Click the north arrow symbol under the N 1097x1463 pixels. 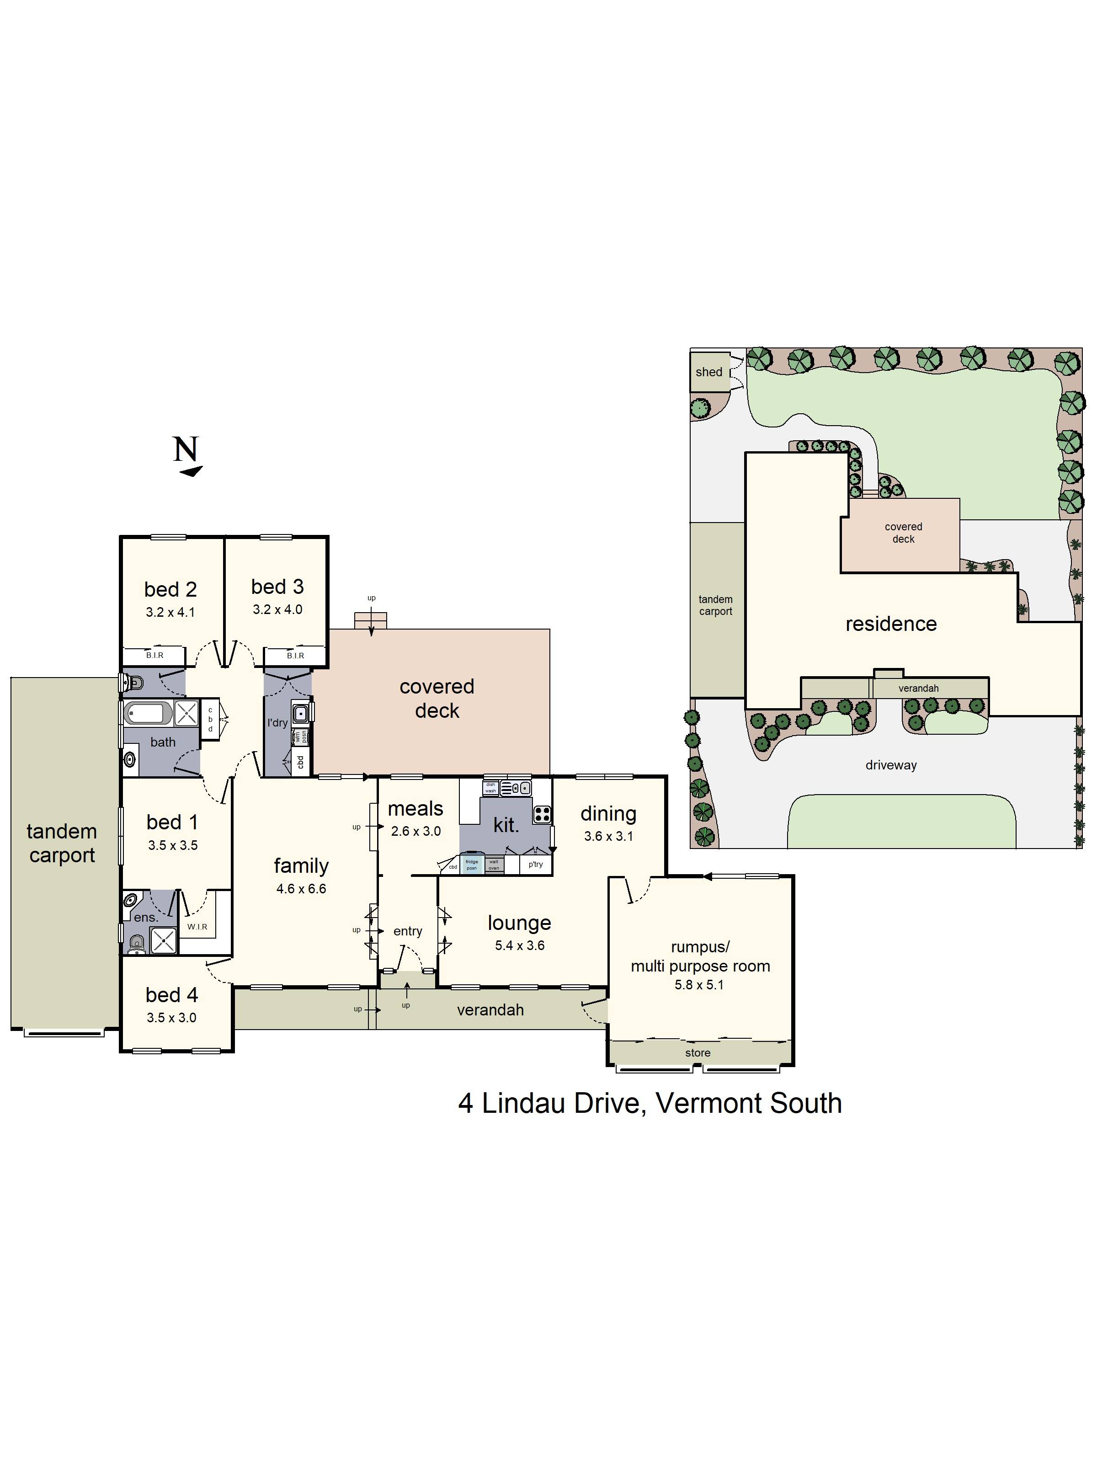point(191,471)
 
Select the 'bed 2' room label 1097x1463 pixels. point(170,589)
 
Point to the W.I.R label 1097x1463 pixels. point(197,927)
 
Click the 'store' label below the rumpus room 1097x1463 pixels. point(698,1052)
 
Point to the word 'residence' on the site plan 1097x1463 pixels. point(891,624)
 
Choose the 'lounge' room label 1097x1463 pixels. point(519,922)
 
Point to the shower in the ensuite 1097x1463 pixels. point(163,940)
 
